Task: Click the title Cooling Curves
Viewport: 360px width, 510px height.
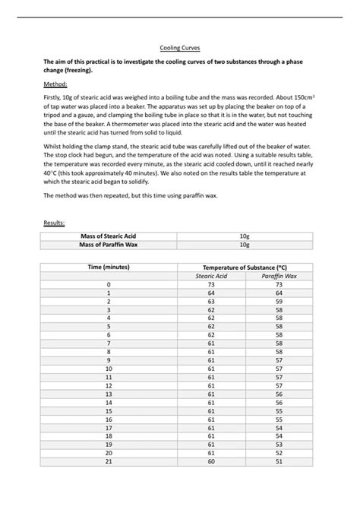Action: (179, 47)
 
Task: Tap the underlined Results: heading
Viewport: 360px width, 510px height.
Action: (55, 223)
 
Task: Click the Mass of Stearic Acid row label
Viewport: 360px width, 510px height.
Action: (109, 236)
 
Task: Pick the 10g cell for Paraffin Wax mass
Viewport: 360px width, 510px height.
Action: (245, 245)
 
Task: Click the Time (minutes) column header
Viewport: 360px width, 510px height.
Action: (109, 268)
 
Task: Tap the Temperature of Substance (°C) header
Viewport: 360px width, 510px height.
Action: (245, 268)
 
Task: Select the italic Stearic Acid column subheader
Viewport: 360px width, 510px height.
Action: (211, 276)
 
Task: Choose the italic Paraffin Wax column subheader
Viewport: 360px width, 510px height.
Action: (279, 276)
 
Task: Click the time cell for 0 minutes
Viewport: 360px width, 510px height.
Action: (109, 284)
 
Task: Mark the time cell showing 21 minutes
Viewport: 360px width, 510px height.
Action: (109, 461)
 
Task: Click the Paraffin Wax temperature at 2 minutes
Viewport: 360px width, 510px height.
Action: (279, 301)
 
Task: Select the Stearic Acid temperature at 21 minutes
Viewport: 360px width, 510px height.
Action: (211, 461)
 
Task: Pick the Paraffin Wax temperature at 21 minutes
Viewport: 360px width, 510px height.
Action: (279, 461)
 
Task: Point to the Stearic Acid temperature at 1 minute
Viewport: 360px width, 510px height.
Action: (211, 293)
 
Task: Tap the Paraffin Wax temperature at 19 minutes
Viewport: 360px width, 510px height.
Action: (279, 444)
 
